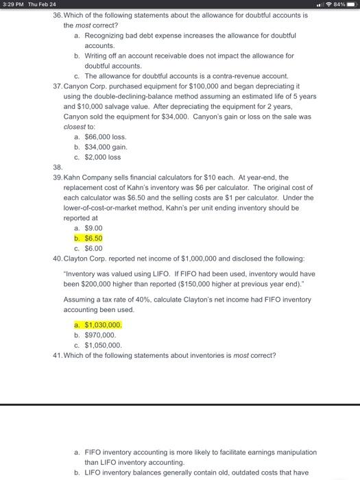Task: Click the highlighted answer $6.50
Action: (x=93, y=238)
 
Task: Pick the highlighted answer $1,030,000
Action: (x=104, y=325)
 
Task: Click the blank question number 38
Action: (x=58, y=167)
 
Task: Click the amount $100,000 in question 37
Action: (x=209, y=86)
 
